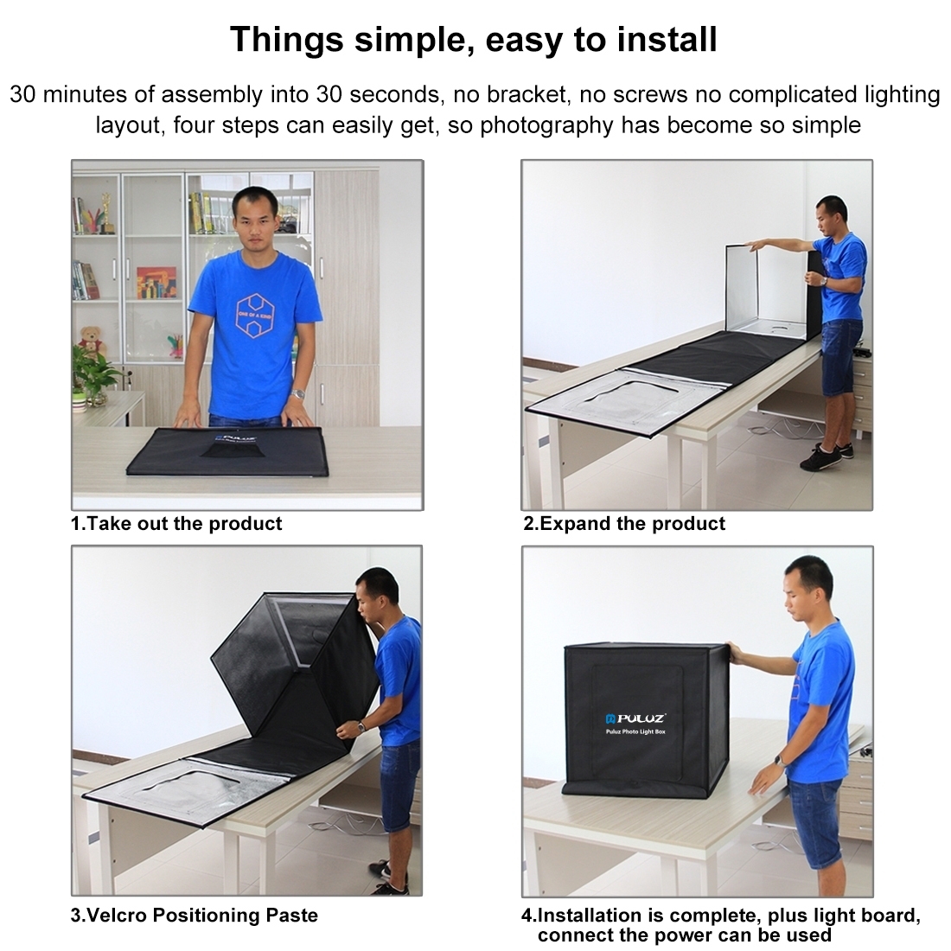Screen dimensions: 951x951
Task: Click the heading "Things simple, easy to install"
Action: (x=474, y=39)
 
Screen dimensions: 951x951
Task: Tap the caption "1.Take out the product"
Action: (x=176, y=523)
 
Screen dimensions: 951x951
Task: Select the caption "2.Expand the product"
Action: (x=624, y=523)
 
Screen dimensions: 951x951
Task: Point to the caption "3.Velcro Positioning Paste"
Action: (x=194, y=915)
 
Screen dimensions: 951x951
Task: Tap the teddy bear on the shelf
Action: (x=89, y=341)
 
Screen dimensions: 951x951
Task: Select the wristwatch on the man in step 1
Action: (x=298, y=393)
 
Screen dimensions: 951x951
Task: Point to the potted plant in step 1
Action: (x=93, y=375)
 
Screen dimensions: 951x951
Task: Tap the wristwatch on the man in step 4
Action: (x=778, y=760)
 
